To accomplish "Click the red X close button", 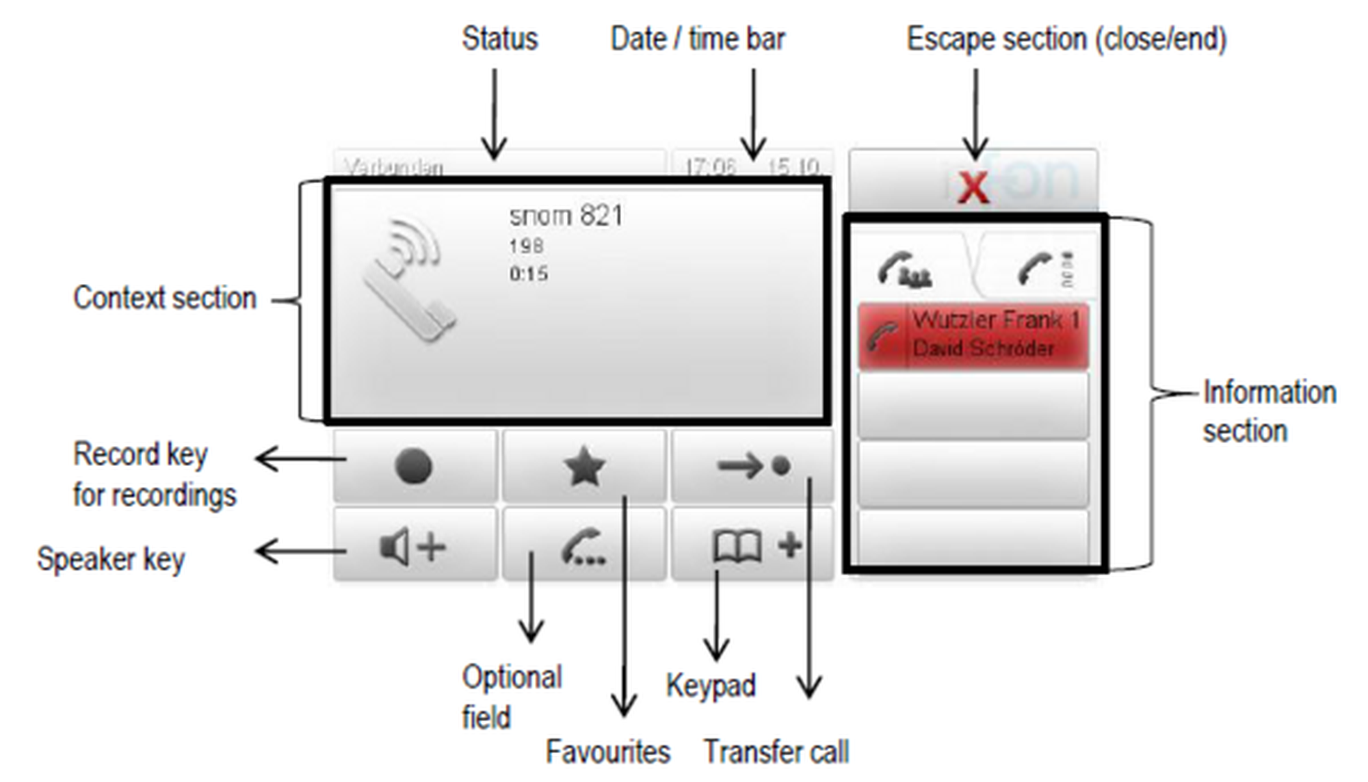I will coord(973,186).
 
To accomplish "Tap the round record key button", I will coord(414,467).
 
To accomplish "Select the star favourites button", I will coord(584,467).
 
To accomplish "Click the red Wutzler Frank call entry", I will coord(973,335).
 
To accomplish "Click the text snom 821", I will coord(566,216).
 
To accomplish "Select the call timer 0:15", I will coord(528,274).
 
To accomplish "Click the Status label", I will coord(499,39).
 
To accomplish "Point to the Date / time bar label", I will coord(697,39).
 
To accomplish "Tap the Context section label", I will coord(165,298).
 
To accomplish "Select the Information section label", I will coord(1269,411).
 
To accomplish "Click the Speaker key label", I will coord(111,559).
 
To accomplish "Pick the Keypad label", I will coord(711,686).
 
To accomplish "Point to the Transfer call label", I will coord(776,752).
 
